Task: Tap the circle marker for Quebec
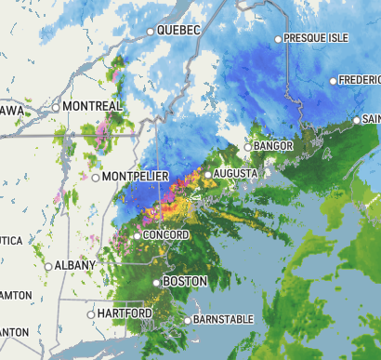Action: tap(151, 32)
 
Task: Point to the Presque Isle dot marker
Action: tap(278, 39)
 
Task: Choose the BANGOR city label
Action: tap(274, 146)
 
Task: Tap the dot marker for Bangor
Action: tap(248, 147)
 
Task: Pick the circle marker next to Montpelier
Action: tap(96, 177)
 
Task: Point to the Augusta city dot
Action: tap(209, 174)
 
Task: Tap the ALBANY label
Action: tap(75, 266)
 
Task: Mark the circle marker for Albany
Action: tap(48, 267)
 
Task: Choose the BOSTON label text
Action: tap(184, 281)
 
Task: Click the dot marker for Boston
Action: tap(156, 282)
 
